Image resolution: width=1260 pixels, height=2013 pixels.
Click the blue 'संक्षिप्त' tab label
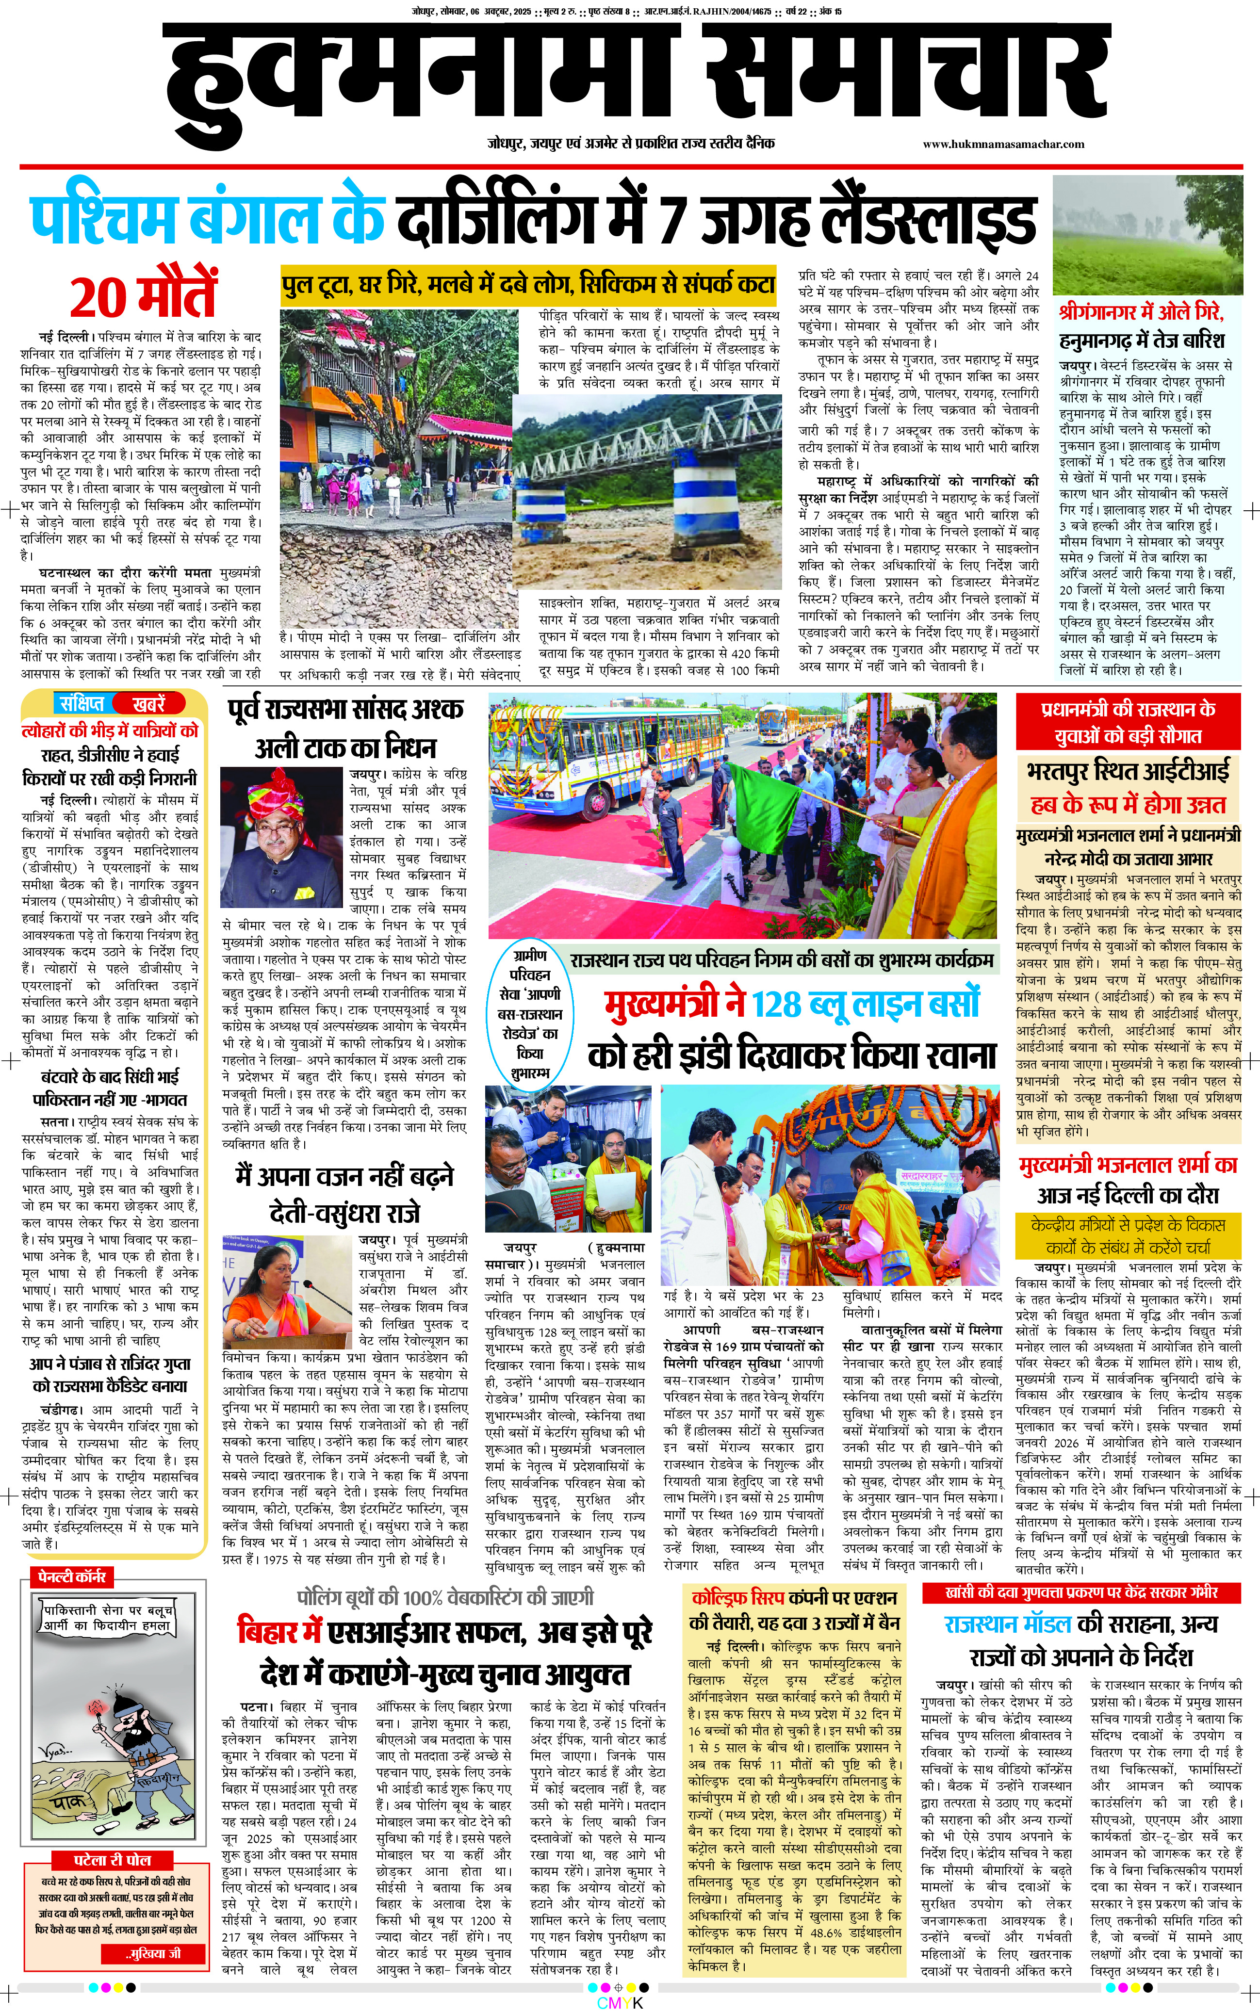click(x=82, y=702)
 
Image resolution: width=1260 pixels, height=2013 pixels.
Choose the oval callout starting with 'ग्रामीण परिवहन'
click(x=530, y=1013)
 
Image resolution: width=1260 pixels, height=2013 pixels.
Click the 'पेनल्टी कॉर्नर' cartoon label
click(x=72, y=1576)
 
